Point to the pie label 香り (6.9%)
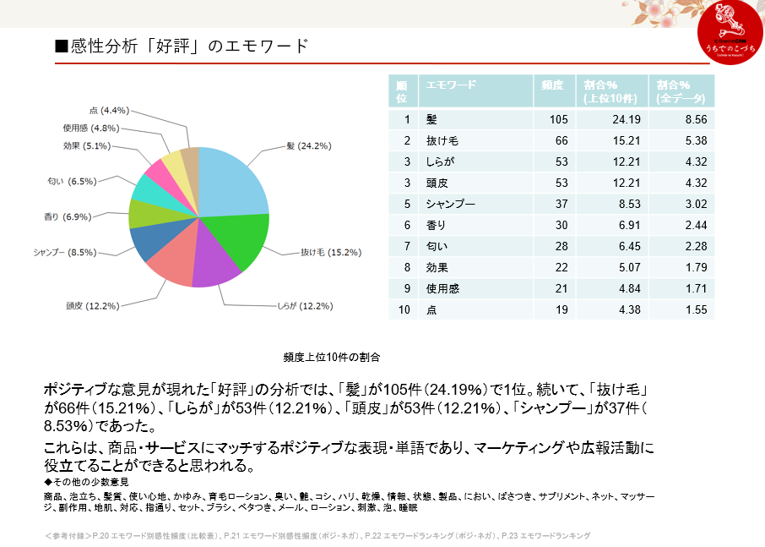67,217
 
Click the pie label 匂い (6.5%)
72,180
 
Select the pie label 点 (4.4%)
108,111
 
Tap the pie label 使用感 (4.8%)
90,129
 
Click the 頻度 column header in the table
552,85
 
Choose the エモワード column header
451,85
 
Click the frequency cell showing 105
557,120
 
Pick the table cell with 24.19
626,120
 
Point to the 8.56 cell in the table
695,120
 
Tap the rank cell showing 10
405,310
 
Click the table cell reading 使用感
442,289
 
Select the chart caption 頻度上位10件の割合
332,357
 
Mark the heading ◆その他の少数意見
86,481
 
